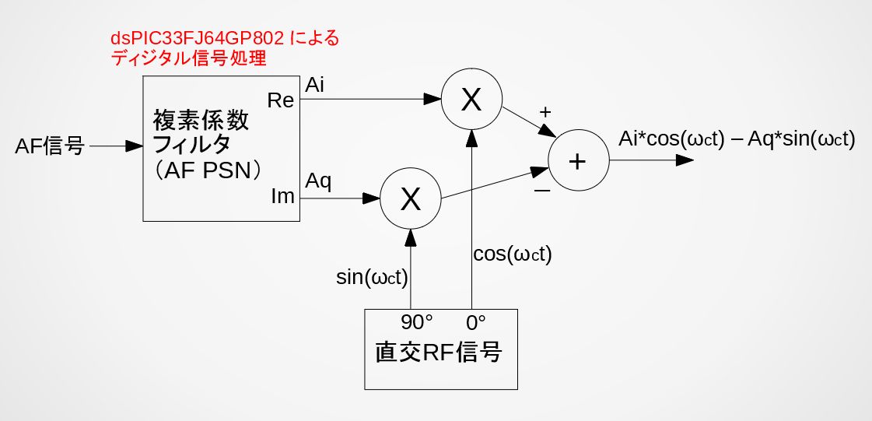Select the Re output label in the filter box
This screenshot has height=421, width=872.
pos(281,100)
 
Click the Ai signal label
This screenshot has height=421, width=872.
pos(315,84)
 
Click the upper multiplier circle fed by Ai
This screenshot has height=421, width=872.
pos(471,100)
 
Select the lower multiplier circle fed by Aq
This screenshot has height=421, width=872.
pos(410,199)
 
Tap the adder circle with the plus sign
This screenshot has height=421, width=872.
pos(576,161)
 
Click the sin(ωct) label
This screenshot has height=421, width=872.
pos(373,277)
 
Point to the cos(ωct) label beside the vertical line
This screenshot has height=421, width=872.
pos(512,254)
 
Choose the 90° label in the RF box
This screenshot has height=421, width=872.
pos(417,322)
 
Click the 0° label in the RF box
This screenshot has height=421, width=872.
pos(475,322)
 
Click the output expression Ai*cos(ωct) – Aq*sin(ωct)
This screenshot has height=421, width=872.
pos(736,139)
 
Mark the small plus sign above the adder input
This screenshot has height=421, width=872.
pos(545,111)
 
